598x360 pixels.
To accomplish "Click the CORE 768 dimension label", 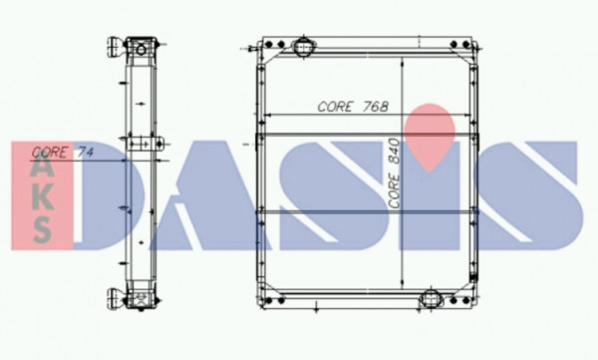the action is click(353, 107).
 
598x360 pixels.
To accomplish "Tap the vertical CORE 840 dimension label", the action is click(394, 174).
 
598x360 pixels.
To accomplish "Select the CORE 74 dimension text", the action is click(63, 153).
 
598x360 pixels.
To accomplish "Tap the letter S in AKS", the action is click(42, 230).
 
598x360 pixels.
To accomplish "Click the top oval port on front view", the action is click(303, 47).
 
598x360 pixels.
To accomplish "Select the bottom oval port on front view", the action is click(431, 299).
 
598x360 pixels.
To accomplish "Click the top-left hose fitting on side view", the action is click(116, 47).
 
